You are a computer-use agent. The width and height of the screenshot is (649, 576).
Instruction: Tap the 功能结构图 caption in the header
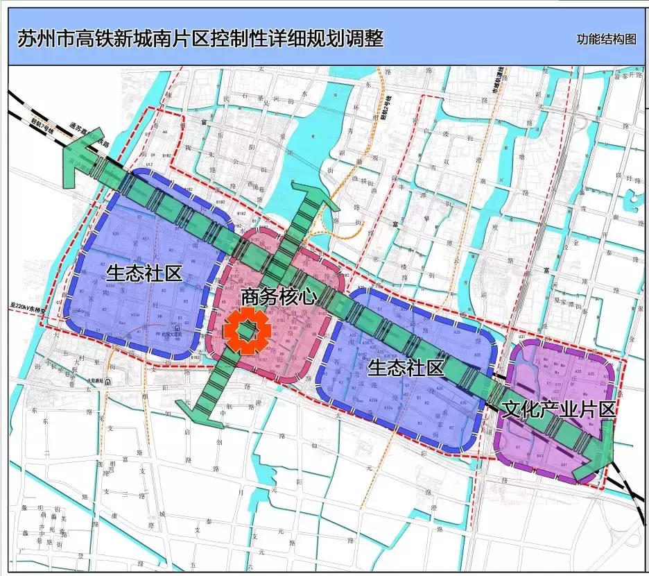click(x=605, y=39)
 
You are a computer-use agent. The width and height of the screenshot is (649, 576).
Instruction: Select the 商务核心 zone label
click(x=279, y=297)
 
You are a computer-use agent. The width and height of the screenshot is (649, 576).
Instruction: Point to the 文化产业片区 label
click(x=558, y=409)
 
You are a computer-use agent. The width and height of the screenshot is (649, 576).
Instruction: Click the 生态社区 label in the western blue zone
click(x=144, y=273)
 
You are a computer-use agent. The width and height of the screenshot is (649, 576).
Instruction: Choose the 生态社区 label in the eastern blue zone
click(x=405, y=367)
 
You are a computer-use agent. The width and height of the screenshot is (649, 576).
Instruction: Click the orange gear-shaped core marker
click(x=245, y=332)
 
